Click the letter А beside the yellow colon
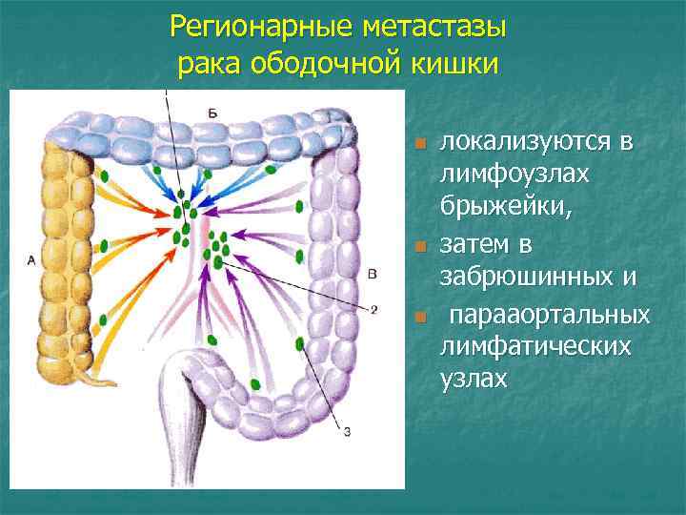(x=32, y=259)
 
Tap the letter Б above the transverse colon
(x=212, y=113)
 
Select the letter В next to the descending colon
(x=372, y=274)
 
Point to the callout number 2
(x=373, y=309)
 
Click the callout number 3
(x=346, y=432)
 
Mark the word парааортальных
(x=550, y=314)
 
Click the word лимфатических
(x=535, y=346)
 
